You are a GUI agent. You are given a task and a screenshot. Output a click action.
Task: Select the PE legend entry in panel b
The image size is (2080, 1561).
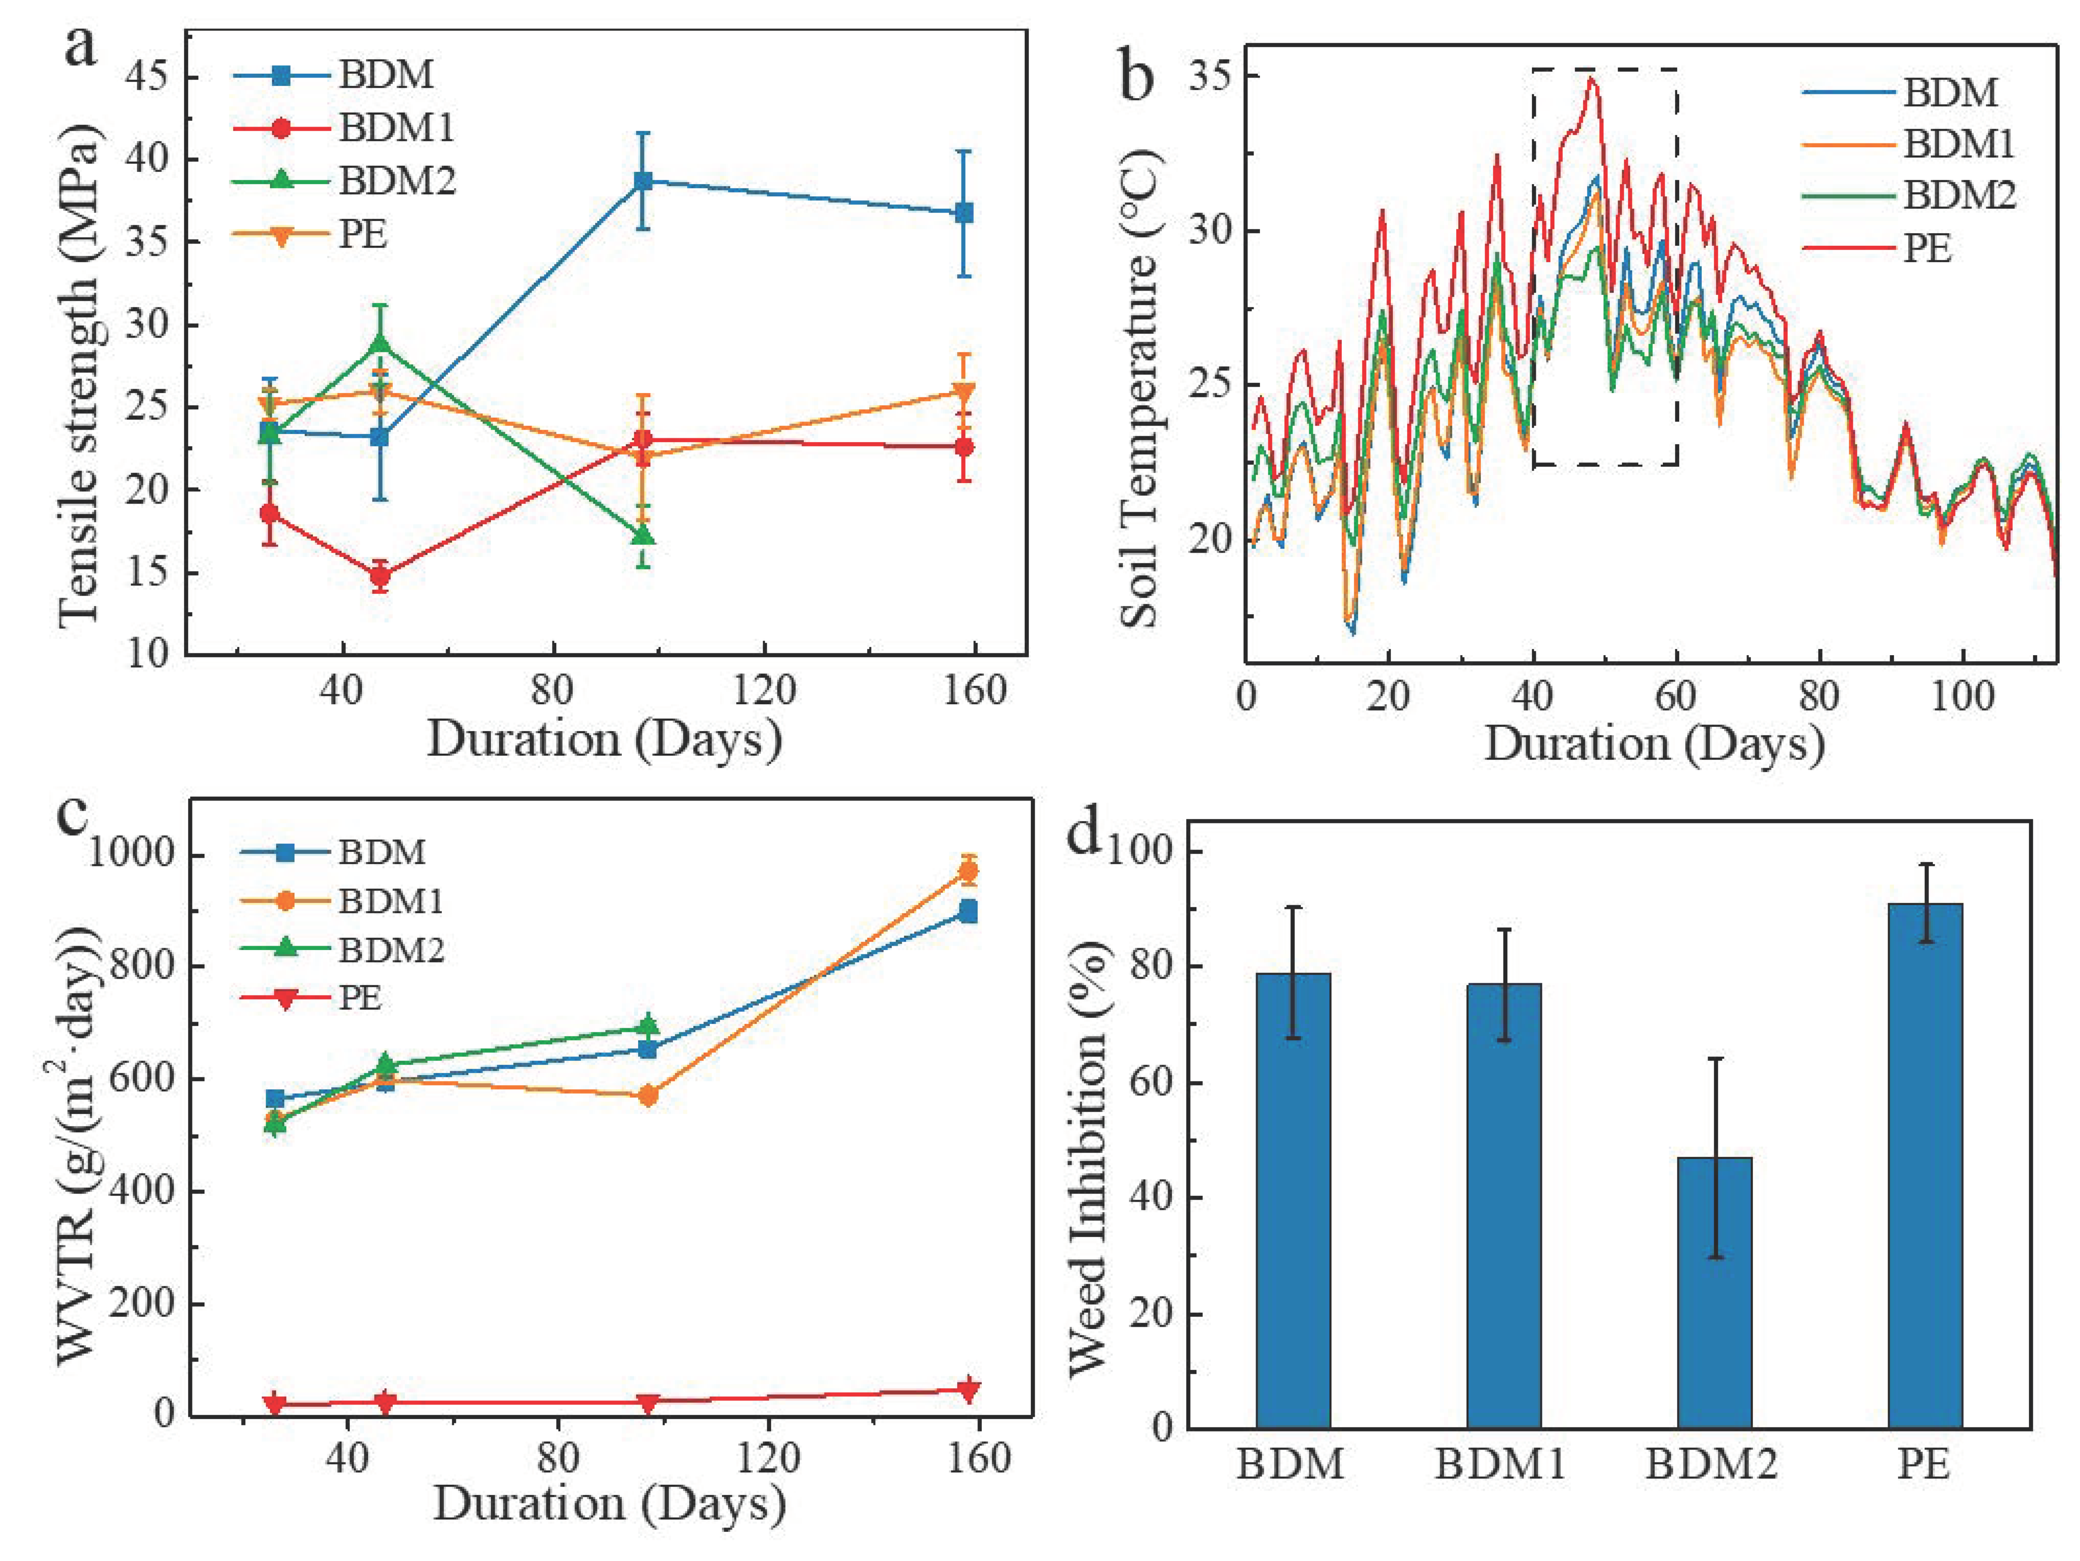(1928, 248)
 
